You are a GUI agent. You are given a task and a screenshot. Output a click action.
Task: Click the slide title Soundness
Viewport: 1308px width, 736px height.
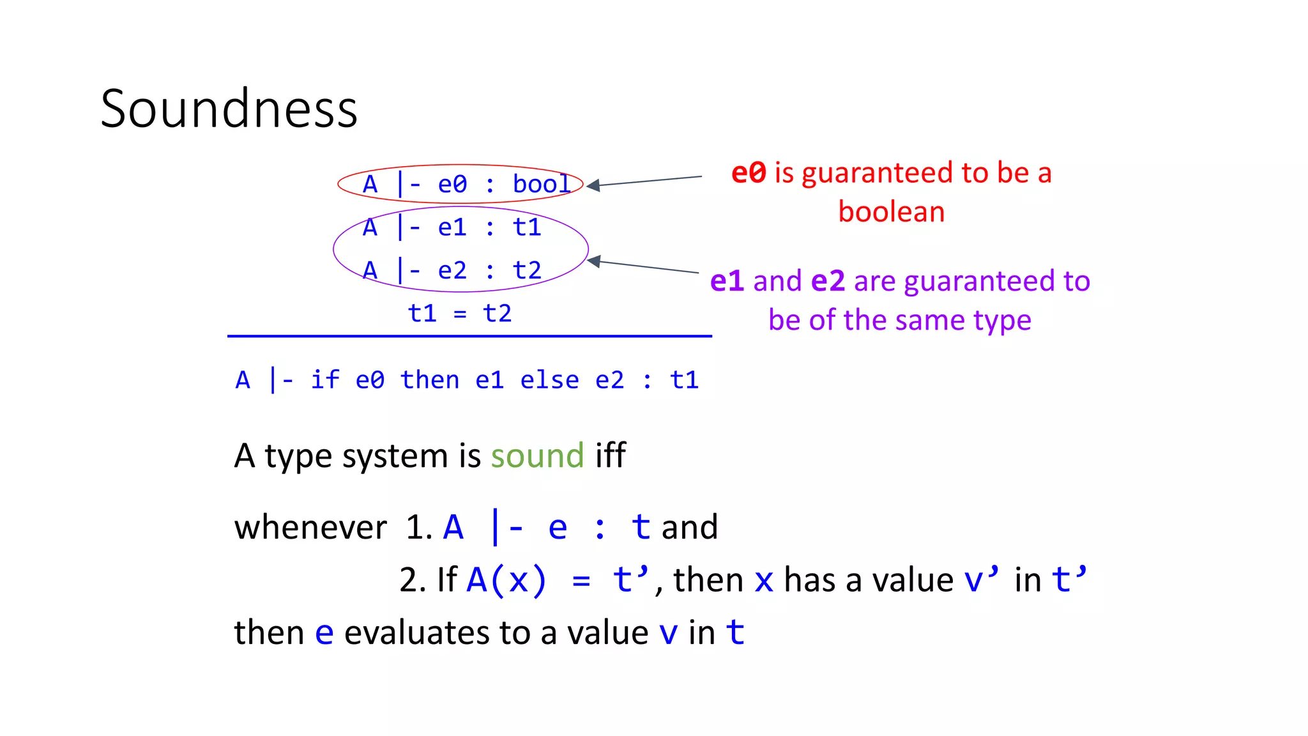point(229,109)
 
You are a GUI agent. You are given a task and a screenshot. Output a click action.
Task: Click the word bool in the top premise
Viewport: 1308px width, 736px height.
point(541,184)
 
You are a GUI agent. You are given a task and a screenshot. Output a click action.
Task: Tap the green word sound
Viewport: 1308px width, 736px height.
point(537,456)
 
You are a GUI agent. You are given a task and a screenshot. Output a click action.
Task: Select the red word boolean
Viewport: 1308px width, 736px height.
point(891,211)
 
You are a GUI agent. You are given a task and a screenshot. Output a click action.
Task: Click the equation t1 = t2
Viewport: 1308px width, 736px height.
point(460,313)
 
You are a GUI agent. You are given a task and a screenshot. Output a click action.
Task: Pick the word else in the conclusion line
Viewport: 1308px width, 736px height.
point(549,380)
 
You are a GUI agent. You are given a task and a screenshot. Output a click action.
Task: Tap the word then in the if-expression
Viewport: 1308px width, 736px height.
point(429,380)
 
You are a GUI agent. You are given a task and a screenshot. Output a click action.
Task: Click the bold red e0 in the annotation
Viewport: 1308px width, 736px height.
point(748,172)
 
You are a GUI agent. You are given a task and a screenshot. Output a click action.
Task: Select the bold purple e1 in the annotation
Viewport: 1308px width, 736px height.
point(727,281)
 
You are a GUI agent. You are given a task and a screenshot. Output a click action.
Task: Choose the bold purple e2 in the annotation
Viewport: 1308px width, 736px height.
point(828,281)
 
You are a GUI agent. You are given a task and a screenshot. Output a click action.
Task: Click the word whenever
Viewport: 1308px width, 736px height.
point(310,528)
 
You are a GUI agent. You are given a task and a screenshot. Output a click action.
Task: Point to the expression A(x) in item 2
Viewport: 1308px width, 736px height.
point(506,580)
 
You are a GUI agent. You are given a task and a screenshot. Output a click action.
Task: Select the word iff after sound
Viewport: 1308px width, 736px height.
point(610,456)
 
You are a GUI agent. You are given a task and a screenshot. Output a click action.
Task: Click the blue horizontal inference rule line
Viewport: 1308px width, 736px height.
point(469,335)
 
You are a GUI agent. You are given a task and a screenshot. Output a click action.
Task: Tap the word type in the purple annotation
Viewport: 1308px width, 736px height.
point(1002,320)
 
